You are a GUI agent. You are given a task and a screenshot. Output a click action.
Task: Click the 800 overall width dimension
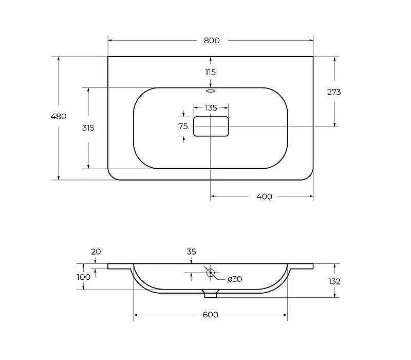point(212,41)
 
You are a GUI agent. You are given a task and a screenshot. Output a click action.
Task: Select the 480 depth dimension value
point(59,116)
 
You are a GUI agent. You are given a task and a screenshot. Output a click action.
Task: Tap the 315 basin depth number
point(88,128)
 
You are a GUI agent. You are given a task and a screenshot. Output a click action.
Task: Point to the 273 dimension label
point(334,92)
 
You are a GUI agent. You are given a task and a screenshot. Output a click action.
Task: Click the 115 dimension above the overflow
point(211,72)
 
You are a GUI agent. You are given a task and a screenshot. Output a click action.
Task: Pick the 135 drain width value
point(211,108)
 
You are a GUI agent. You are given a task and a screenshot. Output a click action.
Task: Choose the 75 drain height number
point(183,127)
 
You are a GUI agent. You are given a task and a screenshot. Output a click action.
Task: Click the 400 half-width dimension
point(264,196)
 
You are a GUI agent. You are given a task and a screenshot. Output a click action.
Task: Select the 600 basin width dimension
point(211,315)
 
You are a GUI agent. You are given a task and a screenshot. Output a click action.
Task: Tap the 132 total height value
point(334,281)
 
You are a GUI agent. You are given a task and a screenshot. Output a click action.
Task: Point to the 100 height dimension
point(83,277)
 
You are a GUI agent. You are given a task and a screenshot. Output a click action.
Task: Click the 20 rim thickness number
point(96,251)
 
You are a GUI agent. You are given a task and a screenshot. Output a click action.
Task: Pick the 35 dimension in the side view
point(191,251)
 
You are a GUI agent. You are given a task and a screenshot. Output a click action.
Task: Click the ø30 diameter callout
point(235,279)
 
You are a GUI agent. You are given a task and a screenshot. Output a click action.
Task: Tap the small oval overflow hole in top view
point(211,91)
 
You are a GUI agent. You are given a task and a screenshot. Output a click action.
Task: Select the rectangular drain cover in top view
point(211,127)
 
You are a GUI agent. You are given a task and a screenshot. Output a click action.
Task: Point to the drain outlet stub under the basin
point(211,294)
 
